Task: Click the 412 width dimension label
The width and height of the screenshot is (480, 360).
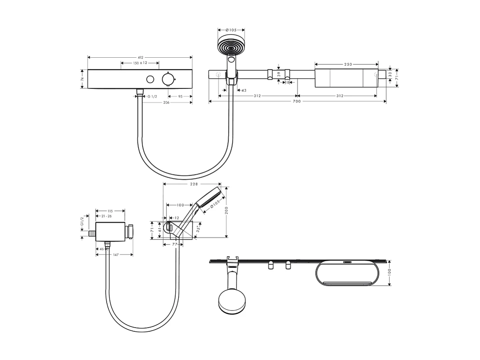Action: pos(140,57)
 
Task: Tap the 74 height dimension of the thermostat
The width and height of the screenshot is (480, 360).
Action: pos(82,79)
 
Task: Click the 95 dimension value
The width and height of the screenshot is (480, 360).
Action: pos(180,96)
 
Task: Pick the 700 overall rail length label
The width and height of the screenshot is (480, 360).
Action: pos(296,101)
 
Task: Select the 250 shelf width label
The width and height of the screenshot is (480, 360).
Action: pos(348,64)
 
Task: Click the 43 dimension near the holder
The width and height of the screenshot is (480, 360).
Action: pos(244,90)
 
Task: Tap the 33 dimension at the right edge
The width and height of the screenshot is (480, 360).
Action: pos(390,75)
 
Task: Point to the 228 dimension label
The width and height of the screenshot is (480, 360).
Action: pos(193,184)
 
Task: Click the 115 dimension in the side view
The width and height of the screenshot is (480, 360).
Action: pos(110,211)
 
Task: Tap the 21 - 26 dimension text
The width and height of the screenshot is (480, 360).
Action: pos(107,216)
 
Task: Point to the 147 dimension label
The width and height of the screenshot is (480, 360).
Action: pos(116,255)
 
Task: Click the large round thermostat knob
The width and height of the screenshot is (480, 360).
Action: pos(168,79)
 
